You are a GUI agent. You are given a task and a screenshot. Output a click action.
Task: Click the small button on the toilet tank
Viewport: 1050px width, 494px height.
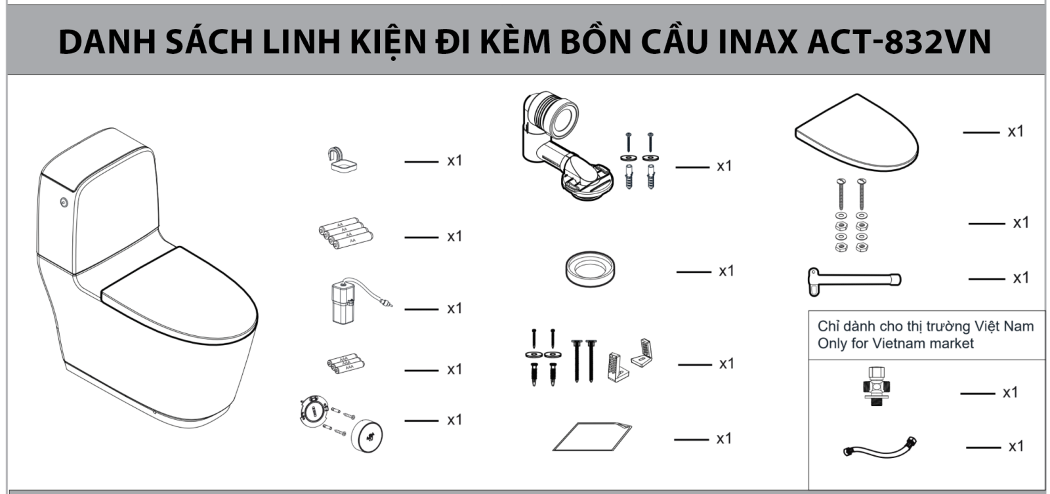tap(64, 202)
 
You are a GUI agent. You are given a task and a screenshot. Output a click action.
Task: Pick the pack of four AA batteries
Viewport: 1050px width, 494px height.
tap(345, 233)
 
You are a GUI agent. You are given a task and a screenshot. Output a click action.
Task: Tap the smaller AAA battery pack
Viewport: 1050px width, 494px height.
tap(345, 363)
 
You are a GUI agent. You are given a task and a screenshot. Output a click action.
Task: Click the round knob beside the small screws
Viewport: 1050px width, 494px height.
tap(367, 434)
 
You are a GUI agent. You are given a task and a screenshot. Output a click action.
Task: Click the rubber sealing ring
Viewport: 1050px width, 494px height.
tap(591, 269)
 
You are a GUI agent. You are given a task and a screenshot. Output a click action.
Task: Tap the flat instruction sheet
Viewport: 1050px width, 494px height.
tap(591, 437)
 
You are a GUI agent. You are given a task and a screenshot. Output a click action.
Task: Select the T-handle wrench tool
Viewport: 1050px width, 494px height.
tap(853, 279)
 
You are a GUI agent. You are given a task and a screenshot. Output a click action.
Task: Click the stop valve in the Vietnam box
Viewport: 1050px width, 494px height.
tap(876, 387)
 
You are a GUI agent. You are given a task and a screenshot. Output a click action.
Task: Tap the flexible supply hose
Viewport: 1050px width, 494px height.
tap(880, 448)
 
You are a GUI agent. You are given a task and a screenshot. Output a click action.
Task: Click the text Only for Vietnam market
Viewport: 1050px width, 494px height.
tap(895, 343)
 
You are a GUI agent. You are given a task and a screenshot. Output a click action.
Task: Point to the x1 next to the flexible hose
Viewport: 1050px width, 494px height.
tap(1015, 447)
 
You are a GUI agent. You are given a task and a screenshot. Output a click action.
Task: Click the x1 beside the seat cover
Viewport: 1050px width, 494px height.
tap(1015, 132)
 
